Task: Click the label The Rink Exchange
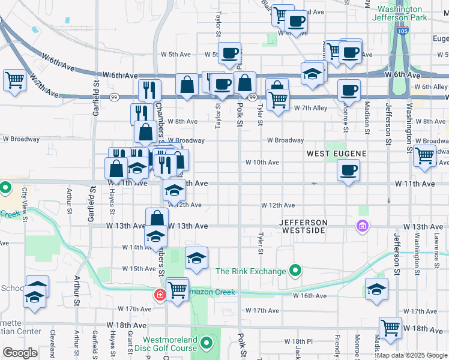point(251,272)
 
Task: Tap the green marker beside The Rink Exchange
point(295,272)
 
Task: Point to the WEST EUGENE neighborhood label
point(336,154)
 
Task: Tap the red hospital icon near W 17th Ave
point(160,295)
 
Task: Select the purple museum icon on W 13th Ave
point(363,226)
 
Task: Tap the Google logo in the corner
point(20,353)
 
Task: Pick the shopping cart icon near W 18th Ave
point(390,328)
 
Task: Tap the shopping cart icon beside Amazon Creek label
point(177,290)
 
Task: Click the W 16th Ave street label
point(310,296)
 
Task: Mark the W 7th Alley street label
point(310,108)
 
